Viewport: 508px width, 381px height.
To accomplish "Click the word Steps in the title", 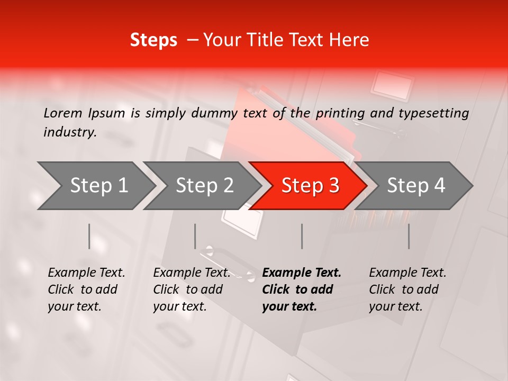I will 153,40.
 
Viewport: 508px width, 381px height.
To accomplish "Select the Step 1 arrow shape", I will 95,186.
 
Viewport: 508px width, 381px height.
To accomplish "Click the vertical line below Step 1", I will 89,236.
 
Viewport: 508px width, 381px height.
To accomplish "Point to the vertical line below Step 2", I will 195,236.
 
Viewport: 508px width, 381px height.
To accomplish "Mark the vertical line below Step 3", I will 302,236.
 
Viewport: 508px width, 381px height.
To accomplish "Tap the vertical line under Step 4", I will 409,236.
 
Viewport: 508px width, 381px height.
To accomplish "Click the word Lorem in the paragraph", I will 63,113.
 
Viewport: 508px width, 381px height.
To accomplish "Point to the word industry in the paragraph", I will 69,132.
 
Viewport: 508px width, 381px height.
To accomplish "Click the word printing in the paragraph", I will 340,113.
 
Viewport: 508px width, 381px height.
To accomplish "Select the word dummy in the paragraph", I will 215,113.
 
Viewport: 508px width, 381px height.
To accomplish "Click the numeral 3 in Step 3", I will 333,186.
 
